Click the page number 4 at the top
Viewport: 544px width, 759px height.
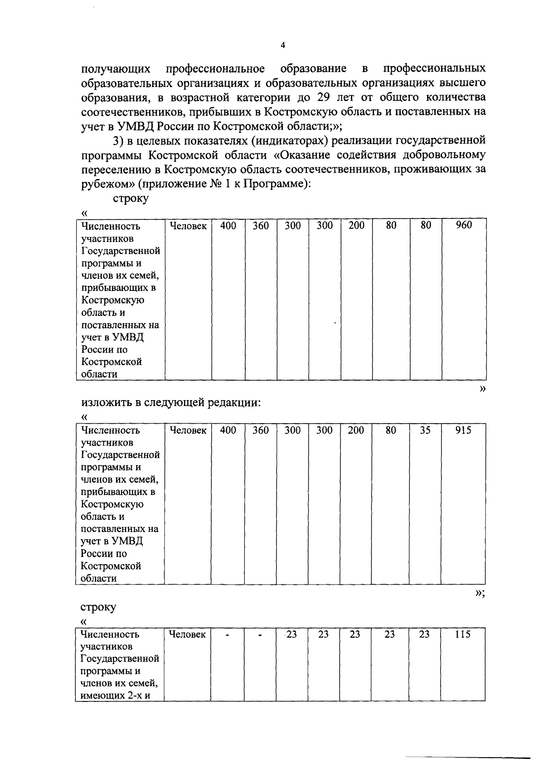pyautogui.click(x=283, y=45)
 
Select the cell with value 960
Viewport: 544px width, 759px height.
pyautogui.click(x=463, y=225)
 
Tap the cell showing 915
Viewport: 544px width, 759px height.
pyautogui.click(x=463, y=430)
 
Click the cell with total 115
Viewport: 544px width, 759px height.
pyautogui.click(x=462, y=634)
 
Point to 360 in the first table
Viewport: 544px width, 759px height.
pyautogui.click(x=261, y=225)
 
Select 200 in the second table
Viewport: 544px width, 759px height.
pyautogui.click(x=356, y=430)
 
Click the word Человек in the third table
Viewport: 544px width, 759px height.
pyautogui.click(x=187, y=634)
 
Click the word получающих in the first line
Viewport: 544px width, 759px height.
pyautogui.click(x=116, y=69)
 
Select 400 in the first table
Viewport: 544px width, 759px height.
pyautogui.click(x=228, y=225)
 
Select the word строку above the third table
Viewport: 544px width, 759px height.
pyautogui.click(x=98, y=607)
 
